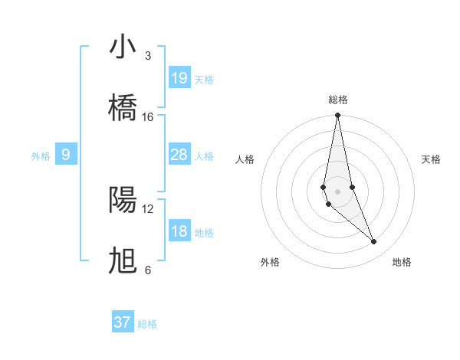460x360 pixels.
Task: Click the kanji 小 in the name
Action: click(x=123, y=47)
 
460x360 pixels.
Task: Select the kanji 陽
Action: click(x=123, y=200)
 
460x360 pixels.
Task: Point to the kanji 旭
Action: click(x=123, y=261)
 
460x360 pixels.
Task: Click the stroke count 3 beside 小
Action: click(x=148, y=56)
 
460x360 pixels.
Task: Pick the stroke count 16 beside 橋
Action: click(x=148, y=117)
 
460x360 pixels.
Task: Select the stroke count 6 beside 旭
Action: click(x=148, y=270)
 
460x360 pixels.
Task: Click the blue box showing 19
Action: click(x=179, y=78)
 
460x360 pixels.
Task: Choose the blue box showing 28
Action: click(x=179, y=155)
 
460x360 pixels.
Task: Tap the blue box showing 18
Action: click(x=179, y=231)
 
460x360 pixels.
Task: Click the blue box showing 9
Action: click(x=66, y=155)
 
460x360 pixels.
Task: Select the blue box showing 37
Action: click(x=123, y=322)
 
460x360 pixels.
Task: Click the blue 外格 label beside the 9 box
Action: click(x=41, y=156)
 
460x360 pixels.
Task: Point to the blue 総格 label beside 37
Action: click(x=147, y=324)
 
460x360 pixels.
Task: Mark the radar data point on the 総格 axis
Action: click(x=337, y=116)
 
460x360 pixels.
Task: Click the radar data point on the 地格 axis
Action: click(x=374, y=242)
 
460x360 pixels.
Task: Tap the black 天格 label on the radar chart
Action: click(x=431, y=159)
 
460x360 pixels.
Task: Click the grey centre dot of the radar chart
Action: click(x=337, y=191)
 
